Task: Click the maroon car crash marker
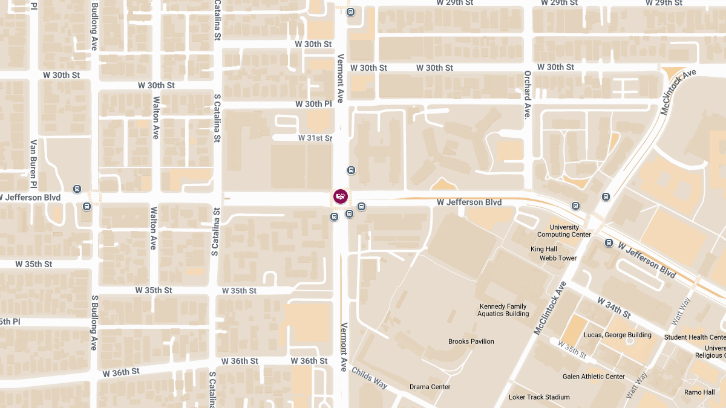(x=341, y=196)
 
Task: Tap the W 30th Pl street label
(x=313, y=104)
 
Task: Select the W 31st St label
(x=315, y=138)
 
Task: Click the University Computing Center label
(x=564, y=231)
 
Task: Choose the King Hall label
(x=543, y=249)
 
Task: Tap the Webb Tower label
(x=558, y=258)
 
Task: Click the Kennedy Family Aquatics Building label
(x=503, y=310)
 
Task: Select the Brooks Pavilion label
(x=471, y=342)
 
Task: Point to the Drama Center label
(x=430, y=387)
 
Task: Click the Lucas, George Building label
(x=617, y=335)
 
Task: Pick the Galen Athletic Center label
(x=593, y=377)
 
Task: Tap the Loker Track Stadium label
(x=539, y=397)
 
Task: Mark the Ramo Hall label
(x=699, y=392)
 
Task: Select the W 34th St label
(x=614, y=308)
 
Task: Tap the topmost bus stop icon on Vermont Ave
(x=351, y=12)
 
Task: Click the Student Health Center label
(x=695, y=337)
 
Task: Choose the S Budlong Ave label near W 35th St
(x=94, y=323)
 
